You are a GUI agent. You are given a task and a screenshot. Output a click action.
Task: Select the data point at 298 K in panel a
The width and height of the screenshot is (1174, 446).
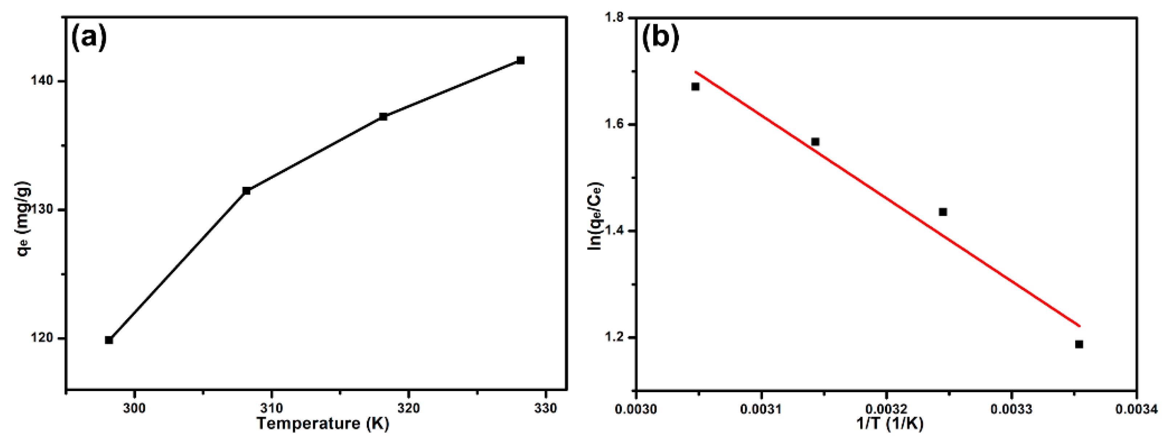pos(109,340)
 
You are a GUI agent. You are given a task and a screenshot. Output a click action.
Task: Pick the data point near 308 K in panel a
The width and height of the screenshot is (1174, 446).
pos(247,190)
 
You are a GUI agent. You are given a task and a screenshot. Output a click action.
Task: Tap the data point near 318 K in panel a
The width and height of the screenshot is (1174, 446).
pos(383,117)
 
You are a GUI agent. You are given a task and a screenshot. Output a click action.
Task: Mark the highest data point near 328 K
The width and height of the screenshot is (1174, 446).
pos(520,60)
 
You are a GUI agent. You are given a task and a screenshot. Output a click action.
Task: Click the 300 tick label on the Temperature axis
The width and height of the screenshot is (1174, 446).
pos(134,408)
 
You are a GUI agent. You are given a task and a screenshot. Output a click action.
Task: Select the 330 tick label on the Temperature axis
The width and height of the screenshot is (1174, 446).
pos(545,408)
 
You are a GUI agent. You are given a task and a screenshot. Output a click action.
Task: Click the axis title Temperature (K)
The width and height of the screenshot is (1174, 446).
pos(323,424)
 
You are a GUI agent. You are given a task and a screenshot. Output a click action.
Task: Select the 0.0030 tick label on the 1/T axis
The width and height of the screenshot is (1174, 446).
pos(636,409)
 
